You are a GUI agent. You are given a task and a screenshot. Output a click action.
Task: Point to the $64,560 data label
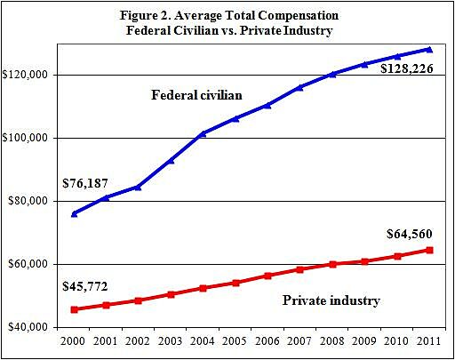coord(415,234)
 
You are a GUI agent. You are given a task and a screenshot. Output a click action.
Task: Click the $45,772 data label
coord(86,287)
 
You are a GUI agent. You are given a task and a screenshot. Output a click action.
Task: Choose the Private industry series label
coord(331,300)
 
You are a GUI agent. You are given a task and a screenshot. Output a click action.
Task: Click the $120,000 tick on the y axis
coord(30,76)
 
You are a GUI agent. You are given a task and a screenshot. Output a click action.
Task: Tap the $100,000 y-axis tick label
coord(30,139)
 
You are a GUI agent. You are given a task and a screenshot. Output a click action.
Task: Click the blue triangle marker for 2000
coord(74,213)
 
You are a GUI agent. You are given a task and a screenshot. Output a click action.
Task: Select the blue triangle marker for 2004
coord(203,133)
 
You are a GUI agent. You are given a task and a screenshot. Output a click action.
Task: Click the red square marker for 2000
coord(74,309)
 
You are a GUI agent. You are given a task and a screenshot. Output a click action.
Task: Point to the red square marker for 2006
coord(267,276)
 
